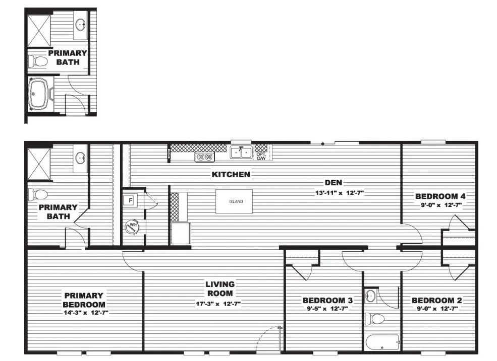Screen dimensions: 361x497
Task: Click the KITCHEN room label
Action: [231, 175]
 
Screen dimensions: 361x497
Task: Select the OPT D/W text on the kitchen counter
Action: [261, 157]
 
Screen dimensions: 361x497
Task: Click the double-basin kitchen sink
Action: [242, 152]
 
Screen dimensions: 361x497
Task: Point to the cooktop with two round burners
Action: [204, 157]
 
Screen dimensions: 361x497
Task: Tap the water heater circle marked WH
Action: [133, 227]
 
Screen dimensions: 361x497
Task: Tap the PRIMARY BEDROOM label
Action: [84, 300]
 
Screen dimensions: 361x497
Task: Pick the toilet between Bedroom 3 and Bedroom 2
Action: [374, 318]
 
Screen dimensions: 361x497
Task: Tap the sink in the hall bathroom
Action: [370, 296]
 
